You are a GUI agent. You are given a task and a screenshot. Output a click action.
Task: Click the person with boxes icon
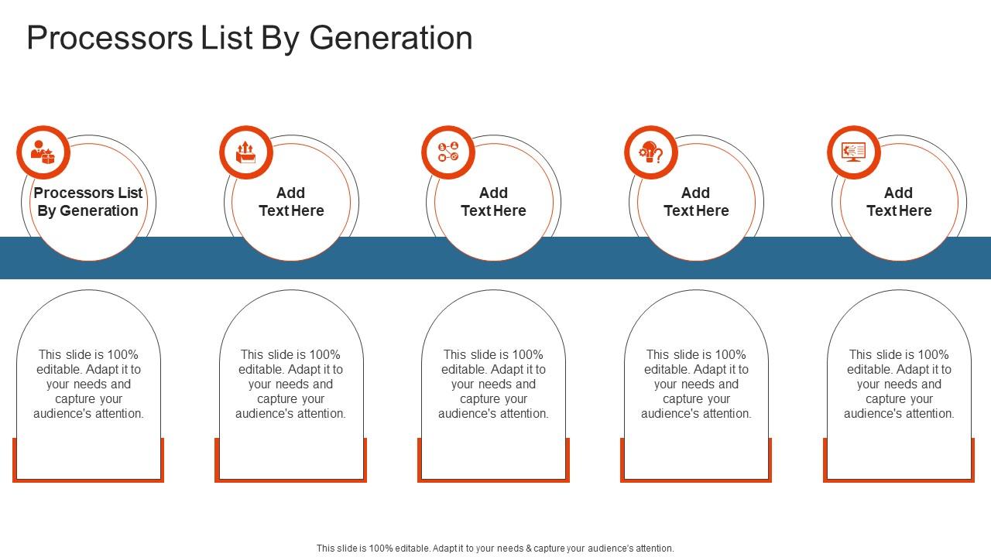pyautogui.click(x=43, y=152)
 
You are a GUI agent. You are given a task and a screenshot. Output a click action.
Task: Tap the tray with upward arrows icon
pyautogui.click(x=246, y=152)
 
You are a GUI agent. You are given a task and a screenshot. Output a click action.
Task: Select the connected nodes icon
pyautogui.click(x=448, y=152)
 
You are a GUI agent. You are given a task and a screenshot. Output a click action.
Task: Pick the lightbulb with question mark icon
pyautogui.click(x=651, y=152)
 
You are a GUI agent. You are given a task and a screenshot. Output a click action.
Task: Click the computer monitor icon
pyautogui.click(x=854, y=152)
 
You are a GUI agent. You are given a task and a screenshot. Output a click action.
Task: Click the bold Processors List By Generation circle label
pyautogui.click(x=88, y=202)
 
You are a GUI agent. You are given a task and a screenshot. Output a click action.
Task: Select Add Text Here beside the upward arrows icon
pyautogui.click(x=291, y=202)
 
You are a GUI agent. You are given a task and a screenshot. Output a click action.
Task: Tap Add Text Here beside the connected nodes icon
pyautogui.click(x=493, y=202)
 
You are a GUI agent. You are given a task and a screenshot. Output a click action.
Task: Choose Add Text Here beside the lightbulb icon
pyautogui.click(x=696, y=202)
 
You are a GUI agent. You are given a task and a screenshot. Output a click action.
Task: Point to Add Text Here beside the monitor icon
pyautogui.click(x=899, y=202)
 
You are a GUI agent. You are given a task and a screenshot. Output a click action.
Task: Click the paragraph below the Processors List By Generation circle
pyautogui.click(x=88, y=384)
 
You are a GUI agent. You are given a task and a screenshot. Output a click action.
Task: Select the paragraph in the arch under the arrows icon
pyautogui.click(x=291, y=384)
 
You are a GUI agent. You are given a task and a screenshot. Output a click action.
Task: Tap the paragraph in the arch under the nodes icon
pyautogui.click(x=493, y=384)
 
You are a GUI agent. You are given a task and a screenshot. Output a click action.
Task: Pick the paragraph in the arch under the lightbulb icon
pyautogui.click(x=696, y=384)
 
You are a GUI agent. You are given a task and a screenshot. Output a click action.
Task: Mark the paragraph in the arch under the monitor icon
pyautogui.click(x=899, y=384)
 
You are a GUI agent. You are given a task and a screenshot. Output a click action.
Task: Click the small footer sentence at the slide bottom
pyautogui.click(x=495, y=548)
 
